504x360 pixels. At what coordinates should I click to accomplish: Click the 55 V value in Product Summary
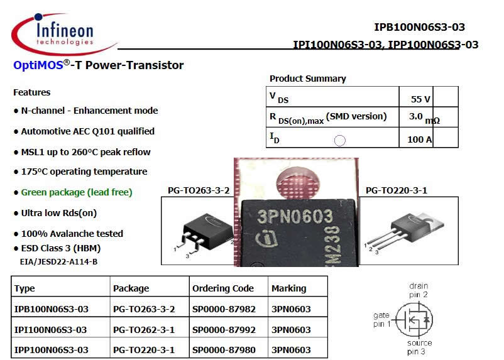click(x=420, y=99)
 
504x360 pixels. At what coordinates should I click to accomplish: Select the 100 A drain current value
click(x=419, y=139)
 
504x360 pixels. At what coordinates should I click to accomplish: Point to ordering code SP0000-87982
click(x=223, y=309)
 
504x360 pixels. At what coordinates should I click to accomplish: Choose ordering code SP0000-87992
click(x=223, y=330)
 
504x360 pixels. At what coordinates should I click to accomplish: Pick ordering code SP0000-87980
click(x=223, y=350)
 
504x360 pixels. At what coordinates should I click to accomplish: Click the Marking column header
click(x=288, y=288)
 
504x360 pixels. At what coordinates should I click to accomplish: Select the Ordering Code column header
click(x=223, y=288)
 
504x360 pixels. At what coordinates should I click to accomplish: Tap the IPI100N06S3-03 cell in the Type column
click(x=51, y=330)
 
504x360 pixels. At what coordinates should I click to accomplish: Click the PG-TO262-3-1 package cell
click(x=144, y=330)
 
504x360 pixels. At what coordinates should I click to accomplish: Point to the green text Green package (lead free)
click(x=77, y=192)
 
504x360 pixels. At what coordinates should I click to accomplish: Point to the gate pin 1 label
click(x=381, y=320)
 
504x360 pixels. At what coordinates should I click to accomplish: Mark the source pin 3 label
click(x=419, y=347)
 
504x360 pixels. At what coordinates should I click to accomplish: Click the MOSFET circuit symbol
click(x=415, y=319)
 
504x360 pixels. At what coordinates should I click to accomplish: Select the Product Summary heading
click(x=307, y=79)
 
